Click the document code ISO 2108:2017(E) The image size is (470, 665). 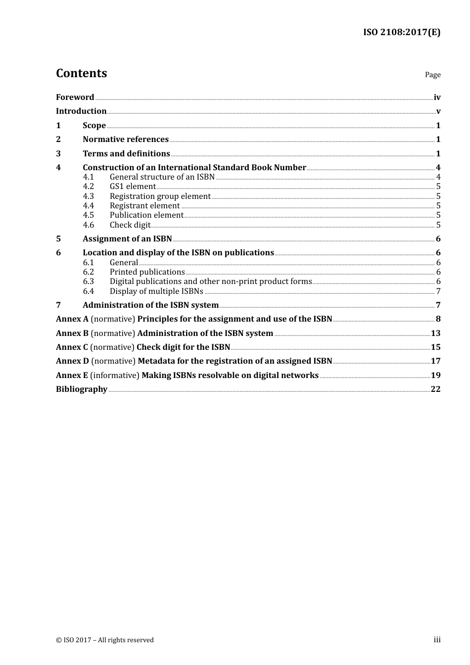(401, 32)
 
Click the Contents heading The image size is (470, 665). (81, 73)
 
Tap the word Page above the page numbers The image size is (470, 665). (432, 75)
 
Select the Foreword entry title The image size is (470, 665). (75, 97)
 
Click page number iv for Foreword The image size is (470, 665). (437, 97)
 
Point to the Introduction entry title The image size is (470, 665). (81, 111)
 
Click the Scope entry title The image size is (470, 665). (94, 125)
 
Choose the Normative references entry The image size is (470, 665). (126, 139)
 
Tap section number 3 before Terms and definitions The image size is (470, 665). (58, 153)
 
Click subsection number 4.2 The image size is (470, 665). (88, 187)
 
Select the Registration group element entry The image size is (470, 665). (160, 196)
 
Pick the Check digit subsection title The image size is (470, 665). (130, 225)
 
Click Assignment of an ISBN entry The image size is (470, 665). (127, 238)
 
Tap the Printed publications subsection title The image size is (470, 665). (147, 272)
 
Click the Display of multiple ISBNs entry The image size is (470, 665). (156, 291)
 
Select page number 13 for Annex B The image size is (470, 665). (435, 333)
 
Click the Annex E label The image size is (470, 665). (72, 375)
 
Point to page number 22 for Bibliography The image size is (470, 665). (435, 389)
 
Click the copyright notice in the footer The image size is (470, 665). (105, 640)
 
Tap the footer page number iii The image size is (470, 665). (437, 640)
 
